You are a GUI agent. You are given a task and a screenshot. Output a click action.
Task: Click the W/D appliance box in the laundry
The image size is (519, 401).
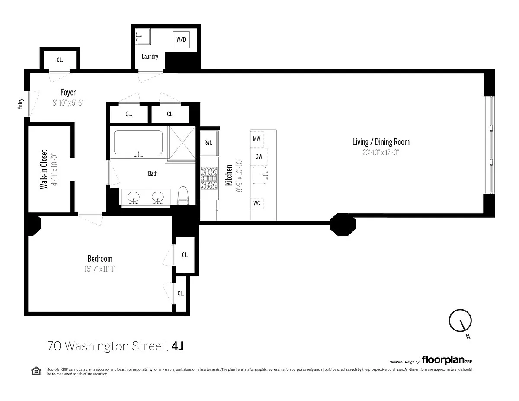click(181, 39)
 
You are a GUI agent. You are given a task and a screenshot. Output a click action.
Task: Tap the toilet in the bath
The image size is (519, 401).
click(183, 196)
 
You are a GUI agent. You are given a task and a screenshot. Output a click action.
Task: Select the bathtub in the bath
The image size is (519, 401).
click(138, 142)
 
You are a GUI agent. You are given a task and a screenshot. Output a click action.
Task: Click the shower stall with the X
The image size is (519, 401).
click(182, 143)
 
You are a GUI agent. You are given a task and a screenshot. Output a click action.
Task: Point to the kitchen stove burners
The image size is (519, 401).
click(209, 178)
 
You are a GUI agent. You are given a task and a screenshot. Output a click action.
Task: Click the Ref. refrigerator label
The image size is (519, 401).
click(208, 143)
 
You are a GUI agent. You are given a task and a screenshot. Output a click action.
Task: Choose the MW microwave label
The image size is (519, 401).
click(256, 139)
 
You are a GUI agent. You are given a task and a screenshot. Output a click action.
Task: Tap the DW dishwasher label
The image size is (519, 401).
click(259, 157)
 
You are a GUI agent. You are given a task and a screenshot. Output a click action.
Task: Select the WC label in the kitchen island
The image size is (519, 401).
click(257, 203)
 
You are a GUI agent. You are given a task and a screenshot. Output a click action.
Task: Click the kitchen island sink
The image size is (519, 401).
click(259, 176)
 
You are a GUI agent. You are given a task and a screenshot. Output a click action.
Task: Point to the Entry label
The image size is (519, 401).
click(20, 104)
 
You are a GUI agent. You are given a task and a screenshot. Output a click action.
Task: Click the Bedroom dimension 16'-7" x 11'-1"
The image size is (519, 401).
click(99, 269)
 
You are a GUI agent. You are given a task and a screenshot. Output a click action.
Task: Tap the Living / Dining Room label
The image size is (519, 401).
click(381, 142)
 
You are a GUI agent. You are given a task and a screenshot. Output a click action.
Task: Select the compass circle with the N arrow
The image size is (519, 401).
click(460, 321)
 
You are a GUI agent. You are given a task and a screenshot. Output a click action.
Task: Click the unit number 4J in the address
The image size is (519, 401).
click(177, 346)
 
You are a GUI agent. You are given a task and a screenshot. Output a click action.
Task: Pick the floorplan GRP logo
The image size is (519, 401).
click(447, 359)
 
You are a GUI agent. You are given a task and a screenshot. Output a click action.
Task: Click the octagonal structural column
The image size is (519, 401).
click(343, 224)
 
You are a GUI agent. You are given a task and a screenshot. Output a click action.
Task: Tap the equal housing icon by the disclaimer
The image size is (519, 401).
click(36, 371)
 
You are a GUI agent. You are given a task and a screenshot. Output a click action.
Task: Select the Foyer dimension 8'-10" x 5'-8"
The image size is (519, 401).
click(68, 103)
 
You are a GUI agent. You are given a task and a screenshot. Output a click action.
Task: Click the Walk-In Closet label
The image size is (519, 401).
click(44, 169)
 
